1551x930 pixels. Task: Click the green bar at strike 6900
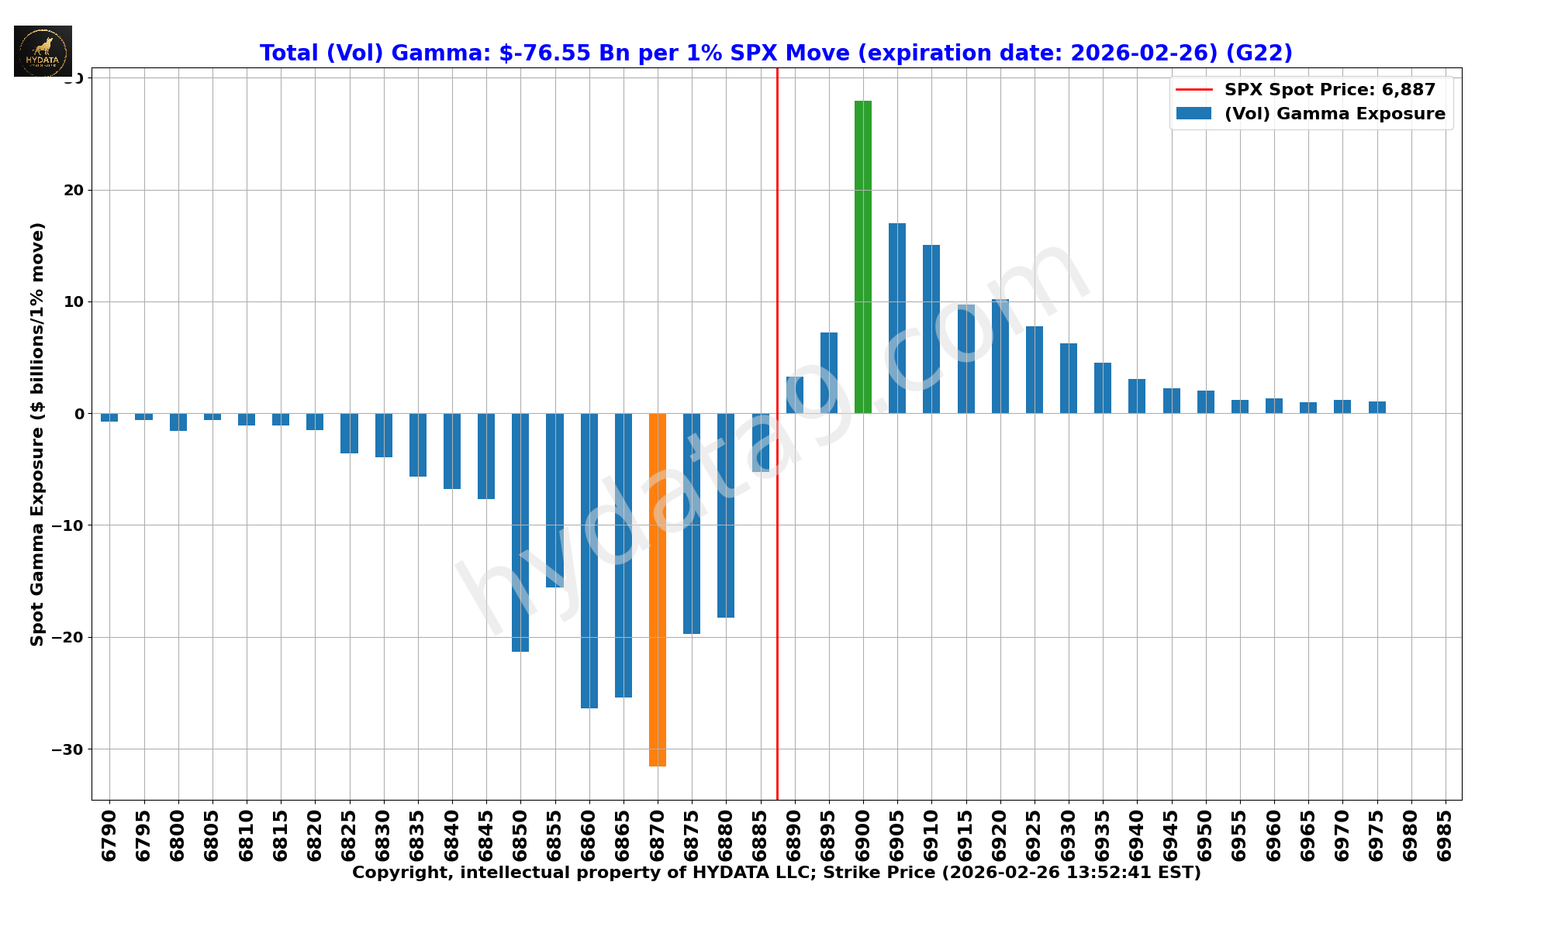coord(862,257)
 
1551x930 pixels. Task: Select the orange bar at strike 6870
coord(658,589)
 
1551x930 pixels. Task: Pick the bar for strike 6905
coord(897,318)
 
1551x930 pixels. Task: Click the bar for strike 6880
coord(726,515)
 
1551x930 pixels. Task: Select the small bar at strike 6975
coord(1377,408)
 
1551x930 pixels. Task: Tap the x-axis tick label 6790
coord(109,835)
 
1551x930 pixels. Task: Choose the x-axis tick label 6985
coord(1445,835)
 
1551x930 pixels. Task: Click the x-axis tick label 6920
coord(1000,835)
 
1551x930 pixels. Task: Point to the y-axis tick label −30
coord(67,749)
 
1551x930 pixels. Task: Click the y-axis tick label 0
coord(79,414)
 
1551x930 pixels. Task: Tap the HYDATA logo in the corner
coord(43,51)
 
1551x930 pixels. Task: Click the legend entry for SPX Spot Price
coord(1329,90)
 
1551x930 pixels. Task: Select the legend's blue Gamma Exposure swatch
coord(1193,114)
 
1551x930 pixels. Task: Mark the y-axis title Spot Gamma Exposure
coord(37,434)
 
